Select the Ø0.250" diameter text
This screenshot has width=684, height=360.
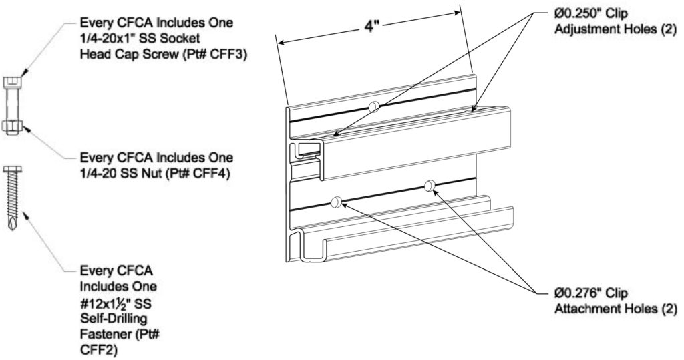click(x=578, y=13)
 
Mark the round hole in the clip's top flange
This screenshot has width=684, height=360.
click(x=375, y=105)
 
